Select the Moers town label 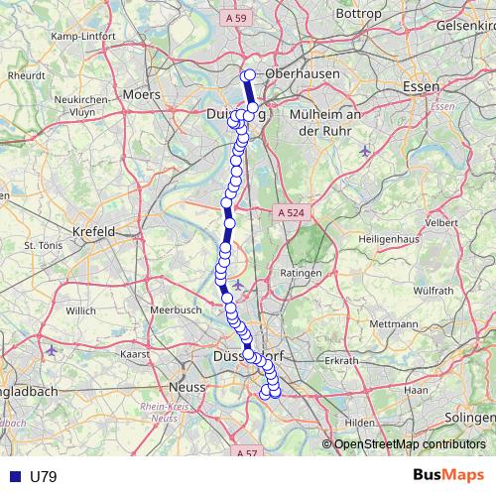tap(142, 95)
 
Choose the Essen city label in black tap(422, 86)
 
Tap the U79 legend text tap(44, 476)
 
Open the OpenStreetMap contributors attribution tap(410, 444)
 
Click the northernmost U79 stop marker tap(250, 75)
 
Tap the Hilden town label tap(360, 422)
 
